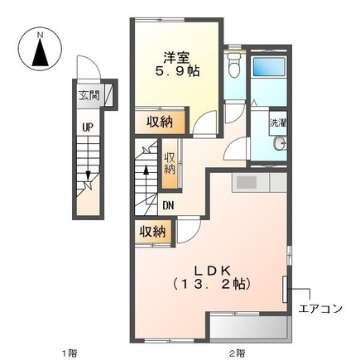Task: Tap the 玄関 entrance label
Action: tap(89, 94)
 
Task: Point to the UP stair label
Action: tap(86, 127)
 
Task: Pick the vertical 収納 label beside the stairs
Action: tap(170, 162)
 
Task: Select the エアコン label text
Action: tap(320, 309)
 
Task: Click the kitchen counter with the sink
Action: tap(258, 181)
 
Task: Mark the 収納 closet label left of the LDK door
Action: tap(153, 232)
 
